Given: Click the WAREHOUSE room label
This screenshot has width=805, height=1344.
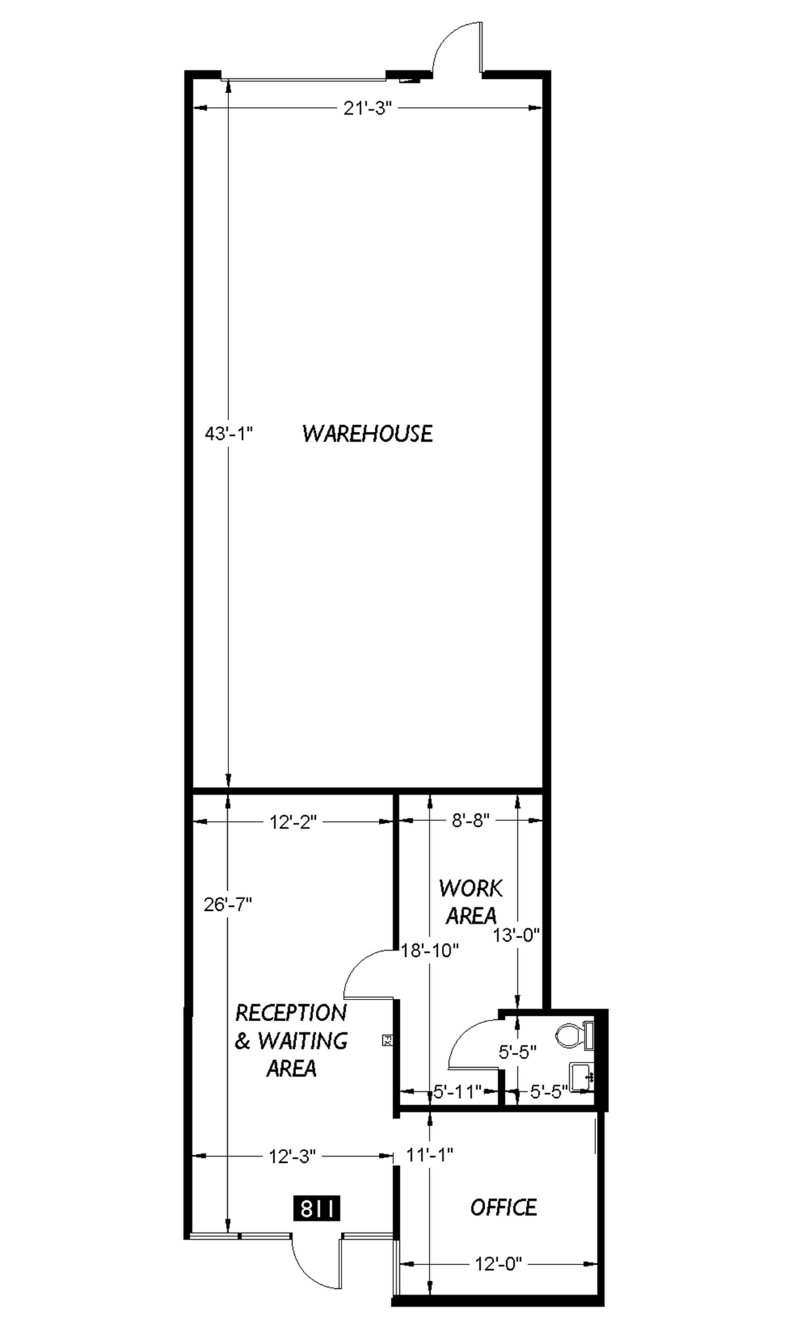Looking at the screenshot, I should pos(367,434).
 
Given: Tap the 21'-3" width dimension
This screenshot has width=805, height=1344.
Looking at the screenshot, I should pos(367,108).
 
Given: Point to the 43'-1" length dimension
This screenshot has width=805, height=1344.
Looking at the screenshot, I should pos(228,434).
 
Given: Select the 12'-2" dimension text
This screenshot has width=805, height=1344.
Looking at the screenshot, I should pos(293,821).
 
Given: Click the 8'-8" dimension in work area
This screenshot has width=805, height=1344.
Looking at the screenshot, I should pos(470,821).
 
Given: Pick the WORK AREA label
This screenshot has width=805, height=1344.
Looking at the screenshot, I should pos(471,902).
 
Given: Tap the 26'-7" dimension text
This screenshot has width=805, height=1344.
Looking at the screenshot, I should pos(228,904).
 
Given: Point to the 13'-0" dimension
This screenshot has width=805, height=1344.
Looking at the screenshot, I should pos(517,934).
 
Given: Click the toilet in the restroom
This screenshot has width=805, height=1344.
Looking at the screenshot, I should pos(573,1036).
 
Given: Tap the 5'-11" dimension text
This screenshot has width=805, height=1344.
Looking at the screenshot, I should pos(458,1091).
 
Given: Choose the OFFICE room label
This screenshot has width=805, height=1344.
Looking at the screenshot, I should pos(504,1207).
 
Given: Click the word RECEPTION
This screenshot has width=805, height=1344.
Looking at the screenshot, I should pos(291,1013).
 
